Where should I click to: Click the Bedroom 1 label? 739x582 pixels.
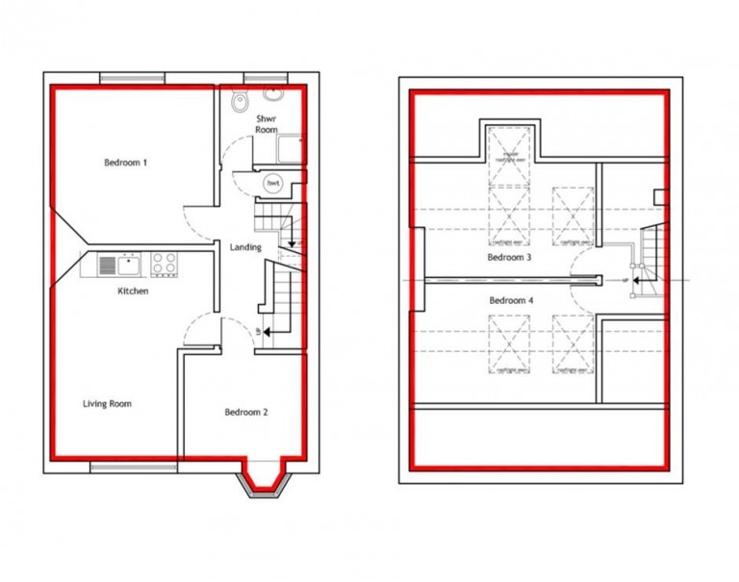coord(126,163)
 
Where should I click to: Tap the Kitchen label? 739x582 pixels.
coord(133,291)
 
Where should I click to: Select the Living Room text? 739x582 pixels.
coord(107,404)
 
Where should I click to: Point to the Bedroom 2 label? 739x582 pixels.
coord(246,413)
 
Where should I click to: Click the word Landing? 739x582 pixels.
coord(245,247)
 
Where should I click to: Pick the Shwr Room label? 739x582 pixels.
coord(267,124)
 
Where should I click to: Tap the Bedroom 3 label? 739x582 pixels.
coord(509,259)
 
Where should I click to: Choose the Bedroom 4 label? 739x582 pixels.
coord(511,301)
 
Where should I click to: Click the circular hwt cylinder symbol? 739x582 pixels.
coord(274,183)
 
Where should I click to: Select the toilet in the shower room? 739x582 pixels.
coord(241,100)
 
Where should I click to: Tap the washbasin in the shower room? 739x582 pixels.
coord(274,96)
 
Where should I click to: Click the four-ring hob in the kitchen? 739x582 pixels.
coord(163,262)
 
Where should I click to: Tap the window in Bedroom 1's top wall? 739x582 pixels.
coord(133,79)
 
